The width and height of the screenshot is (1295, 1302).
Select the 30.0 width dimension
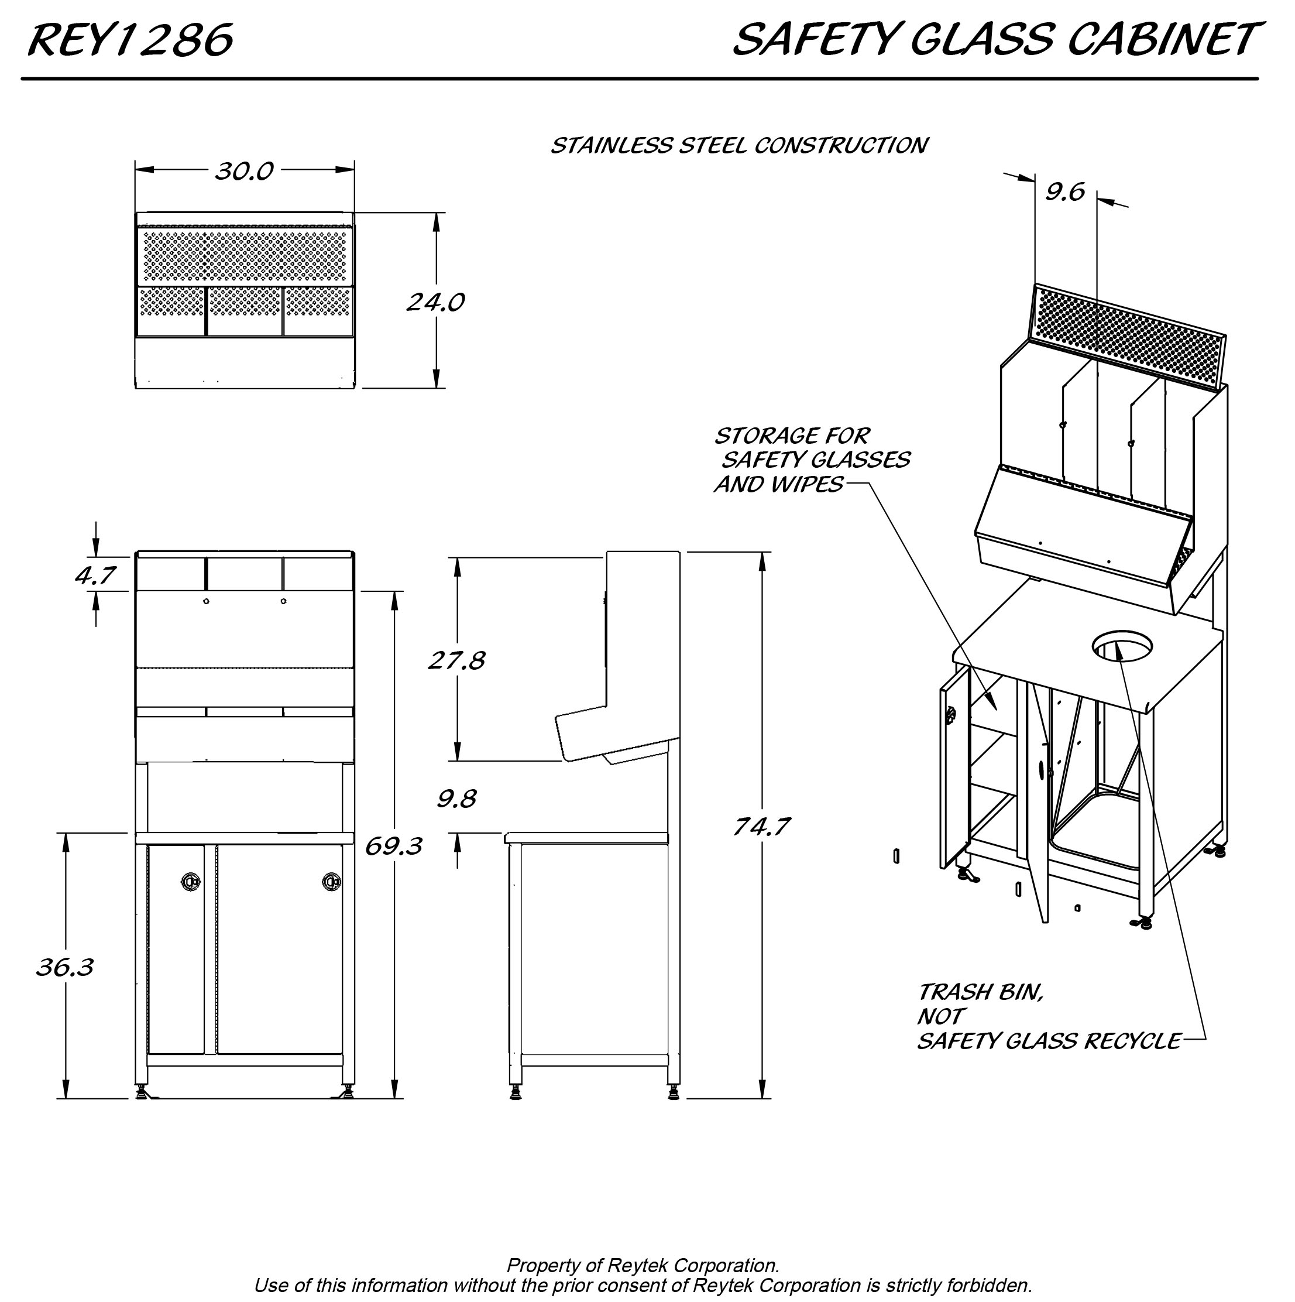(x=244, y=171)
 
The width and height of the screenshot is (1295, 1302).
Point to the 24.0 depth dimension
(x=435, y=302)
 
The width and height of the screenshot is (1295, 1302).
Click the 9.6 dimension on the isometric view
(x=1065, y=192)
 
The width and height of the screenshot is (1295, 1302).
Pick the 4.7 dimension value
(x=95, y=575)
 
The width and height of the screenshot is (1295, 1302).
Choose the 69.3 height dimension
(x=393, y=845)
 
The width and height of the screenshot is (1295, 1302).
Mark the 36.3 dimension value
(x=65, y=967)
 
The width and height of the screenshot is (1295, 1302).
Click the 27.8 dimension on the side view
(x=457, y=660)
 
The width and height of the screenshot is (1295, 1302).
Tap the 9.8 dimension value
(x=456, y=799)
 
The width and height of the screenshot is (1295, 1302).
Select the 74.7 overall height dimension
(x=761, y=826)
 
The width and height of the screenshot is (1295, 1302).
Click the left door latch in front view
(x=191, y=881)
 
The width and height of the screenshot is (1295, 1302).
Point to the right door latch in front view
(x=331, y=881)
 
